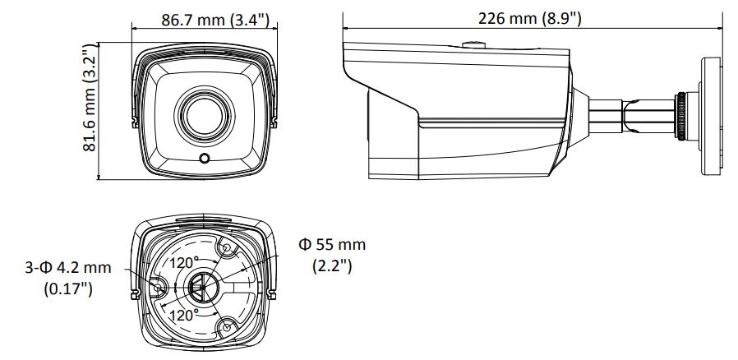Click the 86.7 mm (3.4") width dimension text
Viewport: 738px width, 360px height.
tap(215, 20)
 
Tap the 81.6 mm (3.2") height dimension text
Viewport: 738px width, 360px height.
tap(90, 98)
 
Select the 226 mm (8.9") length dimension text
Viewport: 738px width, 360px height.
tap(530, 18)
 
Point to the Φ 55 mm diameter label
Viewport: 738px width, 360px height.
tap(332, 245)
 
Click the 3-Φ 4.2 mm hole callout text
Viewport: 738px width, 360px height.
tap(68, 268)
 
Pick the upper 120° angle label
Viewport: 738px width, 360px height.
tap(184, 262)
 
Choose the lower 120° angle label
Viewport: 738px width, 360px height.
tap(184, 316)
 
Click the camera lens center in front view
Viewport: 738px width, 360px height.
tap(205, 114)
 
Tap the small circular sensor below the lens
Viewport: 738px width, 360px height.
tap(205, 158)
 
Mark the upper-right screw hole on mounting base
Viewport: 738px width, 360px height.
tap(226, 248)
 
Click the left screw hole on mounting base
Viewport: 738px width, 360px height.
tap(158, 287)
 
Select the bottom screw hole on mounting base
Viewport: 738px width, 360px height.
tap(226, 326)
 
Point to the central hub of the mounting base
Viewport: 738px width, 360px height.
tap(202, 287)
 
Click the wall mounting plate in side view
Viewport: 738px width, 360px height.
tap(710, 116)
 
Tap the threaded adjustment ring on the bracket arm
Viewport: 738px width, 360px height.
tap(680, 116)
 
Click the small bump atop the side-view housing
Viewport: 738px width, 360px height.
tap(473, 45)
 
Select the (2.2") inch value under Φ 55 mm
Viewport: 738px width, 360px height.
tap(332, 265)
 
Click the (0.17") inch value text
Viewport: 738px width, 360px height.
tap(68, 288)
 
